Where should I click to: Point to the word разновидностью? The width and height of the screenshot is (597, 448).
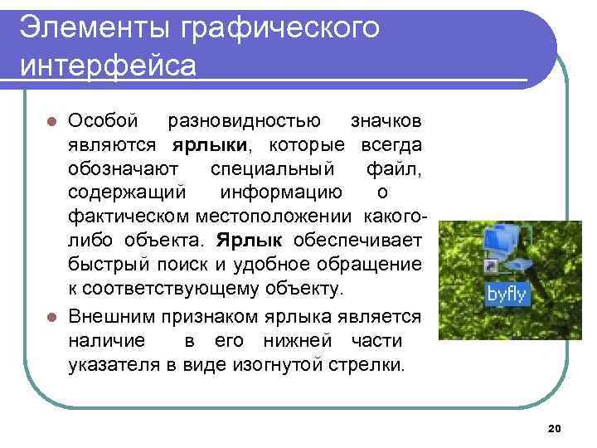pyautogui.click(x=245, y=121)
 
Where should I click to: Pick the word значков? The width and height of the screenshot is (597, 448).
pyautogui.click(x=386, y=121)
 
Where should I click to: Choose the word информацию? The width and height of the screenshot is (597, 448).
pyautogui.click(x=281, y=193)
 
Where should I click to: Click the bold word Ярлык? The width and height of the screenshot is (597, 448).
pyautogui.click(x=250, y=241)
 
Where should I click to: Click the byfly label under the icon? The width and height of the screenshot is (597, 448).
pyautogui.click(x=507, y=294)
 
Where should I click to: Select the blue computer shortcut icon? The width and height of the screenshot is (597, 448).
pyautogui.click(x=507, y=248)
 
